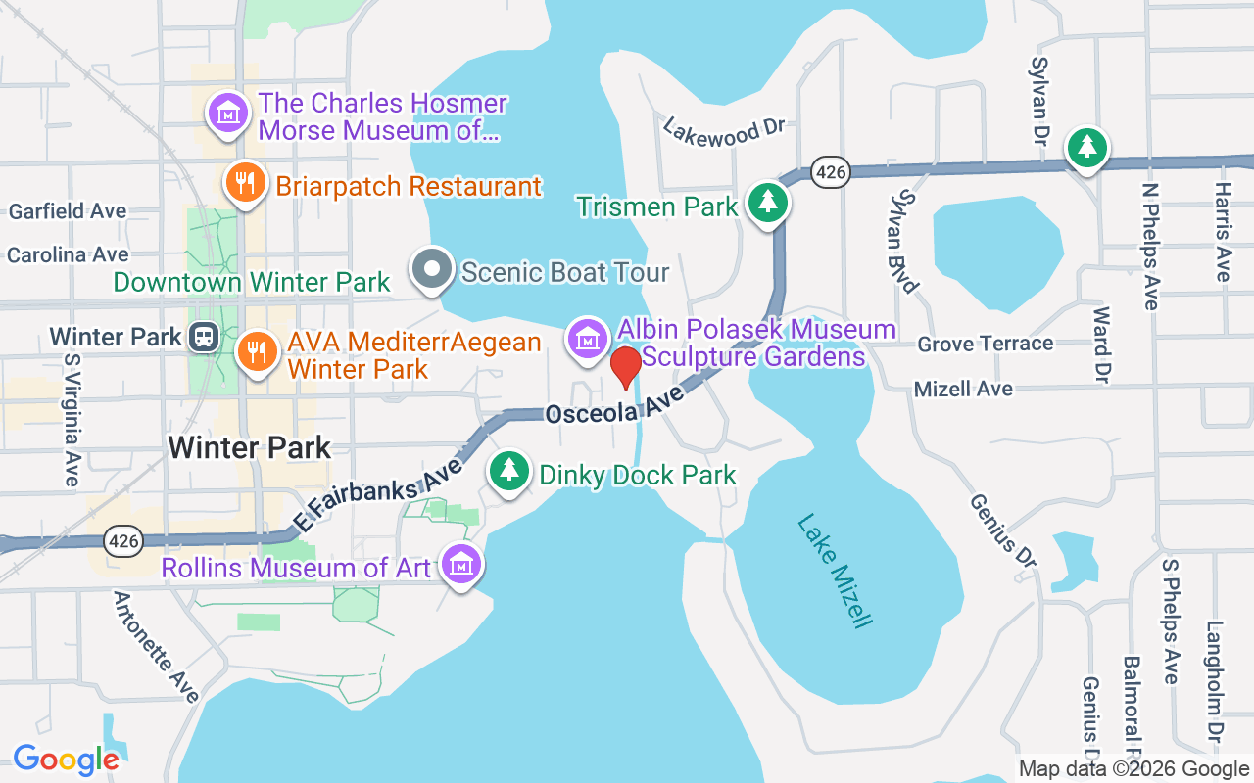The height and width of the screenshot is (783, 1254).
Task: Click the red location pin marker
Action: click(626, 367)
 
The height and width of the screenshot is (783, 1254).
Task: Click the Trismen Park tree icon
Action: click(768, 203)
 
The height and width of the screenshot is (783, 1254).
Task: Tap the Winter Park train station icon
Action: click(204, 337)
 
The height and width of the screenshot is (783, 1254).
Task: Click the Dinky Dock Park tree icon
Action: click(508, 471)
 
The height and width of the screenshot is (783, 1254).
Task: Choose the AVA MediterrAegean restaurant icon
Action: click(257, 349)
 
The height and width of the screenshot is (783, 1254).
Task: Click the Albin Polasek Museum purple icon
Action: click(587, 339)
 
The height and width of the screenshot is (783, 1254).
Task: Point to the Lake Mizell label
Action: click(834, 571)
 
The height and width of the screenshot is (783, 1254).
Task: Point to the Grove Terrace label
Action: click(985, 344)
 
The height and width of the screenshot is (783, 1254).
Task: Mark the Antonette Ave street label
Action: click(157, 647)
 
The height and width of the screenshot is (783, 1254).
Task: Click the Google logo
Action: click(66, 759)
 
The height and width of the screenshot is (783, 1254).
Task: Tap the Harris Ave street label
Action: click(1222, 232)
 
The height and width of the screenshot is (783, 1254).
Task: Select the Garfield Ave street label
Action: click(68, 211)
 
